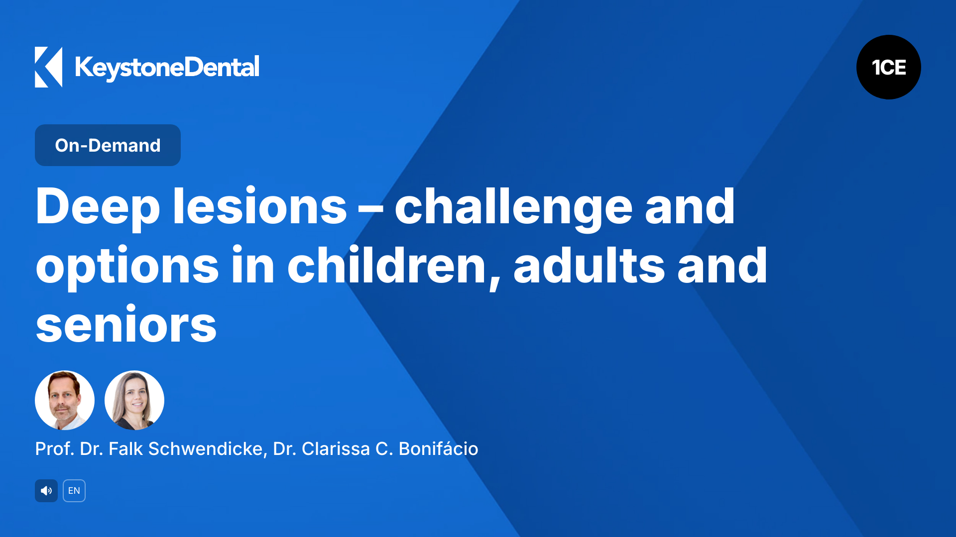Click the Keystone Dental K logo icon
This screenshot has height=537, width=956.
48,67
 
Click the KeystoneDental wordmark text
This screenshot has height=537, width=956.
167,68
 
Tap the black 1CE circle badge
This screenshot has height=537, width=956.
888,67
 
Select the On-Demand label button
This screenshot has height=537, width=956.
108,145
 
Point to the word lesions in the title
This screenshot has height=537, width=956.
259,206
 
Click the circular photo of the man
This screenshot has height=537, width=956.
65,400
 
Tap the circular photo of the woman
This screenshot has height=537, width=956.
134,400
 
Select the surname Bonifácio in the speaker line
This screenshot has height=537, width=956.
438,448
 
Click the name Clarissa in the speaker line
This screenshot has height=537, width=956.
336,448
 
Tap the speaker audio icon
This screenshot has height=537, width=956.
46,491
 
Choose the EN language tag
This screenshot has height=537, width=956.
74,491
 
